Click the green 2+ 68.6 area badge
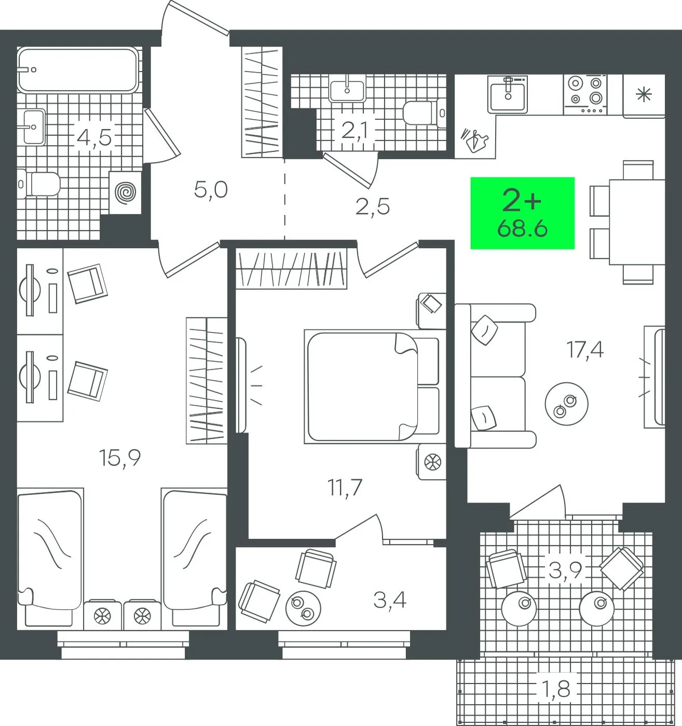point(522,213)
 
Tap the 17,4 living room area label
point(585,349)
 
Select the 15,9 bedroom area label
point(120,457)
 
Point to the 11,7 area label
point(345,487)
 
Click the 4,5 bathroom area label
point(94,137)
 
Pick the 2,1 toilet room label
point(354,131)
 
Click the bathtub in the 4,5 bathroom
point(78,69)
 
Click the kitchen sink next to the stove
point(508,94)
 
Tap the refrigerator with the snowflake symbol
point(644,96)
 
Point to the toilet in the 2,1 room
point(425,114)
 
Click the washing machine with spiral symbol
point(125,193)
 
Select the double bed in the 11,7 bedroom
point(373,387)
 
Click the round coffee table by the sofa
point(566,404)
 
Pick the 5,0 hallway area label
point(210,190)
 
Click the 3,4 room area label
point(390,599)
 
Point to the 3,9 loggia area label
point(565,569)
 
